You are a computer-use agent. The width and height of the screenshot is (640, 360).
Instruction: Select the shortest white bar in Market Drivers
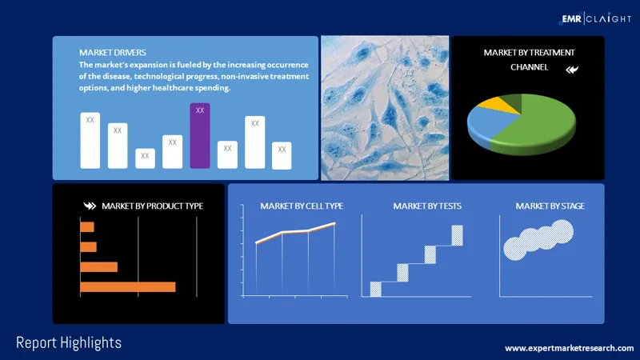click(145, 158)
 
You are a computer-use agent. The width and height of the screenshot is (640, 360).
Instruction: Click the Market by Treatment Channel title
click(529, 59)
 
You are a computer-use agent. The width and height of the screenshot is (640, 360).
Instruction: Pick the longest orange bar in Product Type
click(127, 286)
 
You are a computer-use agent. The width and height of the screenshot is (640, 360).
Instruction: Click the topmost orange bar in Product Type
click(87, 227)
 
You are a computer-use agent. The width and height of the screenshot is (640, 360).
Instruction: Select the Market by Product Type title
click(151, 206)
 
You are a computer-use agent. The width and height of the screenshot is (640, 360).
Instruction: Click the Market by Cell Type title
click(302, 206)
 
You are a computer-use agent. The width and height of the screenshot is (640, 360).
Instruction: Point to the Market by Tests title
click(426, 206)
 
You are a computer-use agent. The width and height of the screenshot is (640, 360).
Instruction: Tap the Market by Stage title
click(550, 206)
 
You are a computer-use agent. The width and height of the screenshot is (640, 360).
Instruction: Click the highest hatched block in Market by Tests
click(457, 235)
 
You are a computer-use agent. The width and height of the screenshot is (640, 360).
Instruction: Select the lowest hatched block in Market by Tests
click(375, 289)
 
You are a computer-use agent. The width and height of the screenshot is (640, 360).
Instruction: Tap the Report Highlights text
click(69, 342)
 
